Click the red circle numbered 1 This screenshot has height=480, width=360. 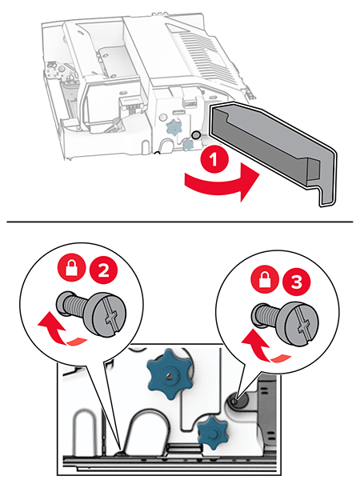tap(214, 160)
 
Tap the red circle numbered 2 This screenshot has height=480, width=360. tap(103, 270)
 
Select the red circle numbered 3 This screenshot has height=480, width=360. tap(296, 282)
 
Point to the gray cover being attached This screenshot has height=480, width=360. tap(272, 152)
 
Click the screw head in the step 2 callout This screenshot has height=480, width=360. tap(110, 314)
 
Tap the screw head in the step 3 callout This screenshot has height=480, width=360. tap(302, 322)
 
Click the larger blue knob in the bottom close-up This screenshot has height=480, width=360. tap(170, 373)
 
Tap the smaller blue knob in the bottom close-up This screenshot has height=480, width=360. tap(213, 432)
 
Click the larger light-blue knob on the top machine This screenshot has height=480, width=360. tap(174, 128)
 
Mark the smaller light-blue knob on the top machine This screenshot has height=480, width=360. tap(186, 144)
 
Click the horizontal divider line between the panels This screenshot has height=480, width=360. tap(180, 222)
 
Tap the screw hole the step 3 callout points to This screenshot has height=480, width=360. tap(234, 401)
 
